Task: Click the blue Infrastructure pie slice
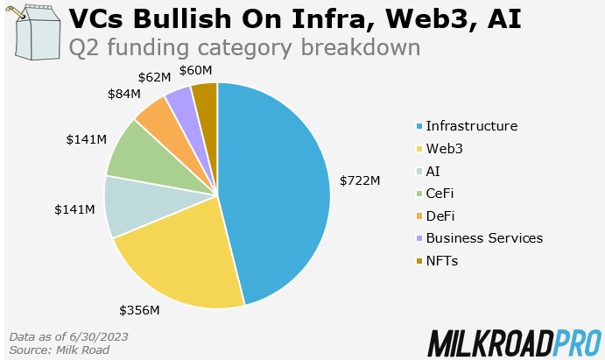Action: pyautogui.click(x=276, y=188)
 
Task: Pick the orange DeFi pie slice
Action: pyautogui.click(x=158, y=119)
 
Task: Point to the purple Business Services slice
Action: pyautogui.click(x=180, y=102)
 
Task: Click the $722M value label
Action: pyautogui.click(x=360, y=180)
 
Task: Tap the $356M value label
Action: pyautogui.click(x=140, y=309)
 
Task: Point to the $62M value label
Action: pyautogui.click(x=154, y=76)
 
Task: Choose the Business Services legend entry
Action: pyautogui.click(x=484, y=238)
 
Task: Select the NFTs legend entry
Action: pyautogui.click(x=442, y=260)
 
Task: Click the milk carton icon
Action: pyautogui.click(x=32, y=32)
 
